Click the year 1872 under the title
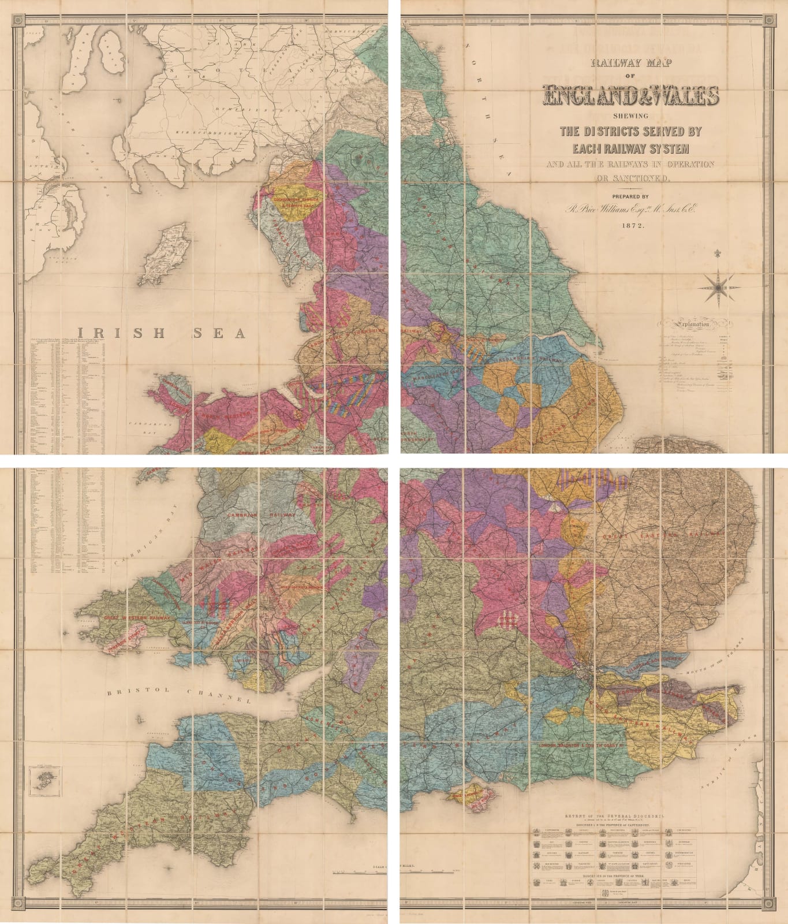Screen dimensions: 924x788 click(x=630, y=226)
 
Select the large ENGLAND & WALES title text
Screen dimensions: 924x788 click(x=630, y=96)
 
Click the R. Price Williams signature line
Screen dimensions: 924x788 click(x=630, y=210)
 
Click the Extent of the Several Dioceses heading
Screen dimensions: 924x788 click(x=614, y=816)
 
